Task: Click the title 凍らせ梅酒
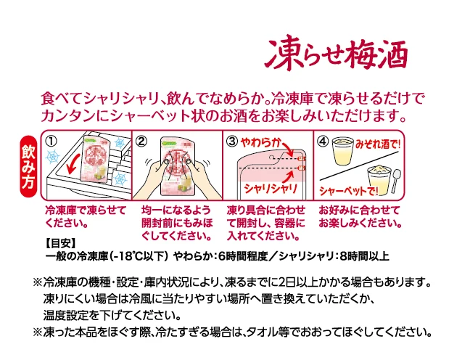(x=336, y=52)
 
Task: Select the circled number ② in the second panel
(x=141, y=140)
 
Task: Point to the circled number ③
(x=232, y=140)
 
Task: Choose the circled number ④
(x=322, y=140)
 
